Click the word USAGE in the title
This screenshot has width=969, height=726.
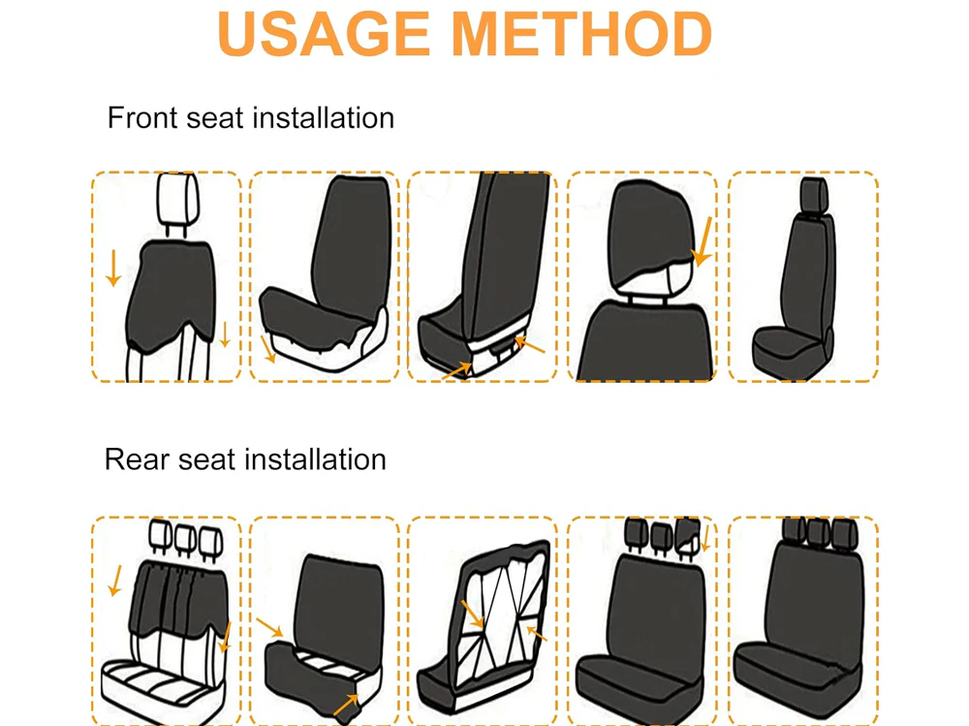(324, 34)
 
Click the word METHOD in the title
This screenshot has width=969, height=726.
(582, 34)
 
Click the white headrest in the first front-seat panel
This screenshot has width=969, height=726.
(178, 198)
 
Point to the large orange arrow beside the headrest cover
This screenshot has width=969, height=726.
(702, 241)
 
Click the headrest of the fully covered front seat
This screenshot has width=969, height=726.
(814, 194)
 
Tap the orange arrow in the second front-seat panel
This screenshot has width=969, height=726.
(268, 349)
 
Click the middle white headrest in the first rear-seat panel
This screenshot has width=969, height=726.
(185, 539)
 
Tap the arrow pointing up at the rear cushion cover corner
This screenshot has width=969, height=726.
(346, 705)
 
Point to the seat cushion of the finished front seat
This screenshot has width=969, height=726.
(788, 348)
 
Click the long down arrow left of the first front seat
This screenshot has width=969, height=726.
(113, 268)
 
